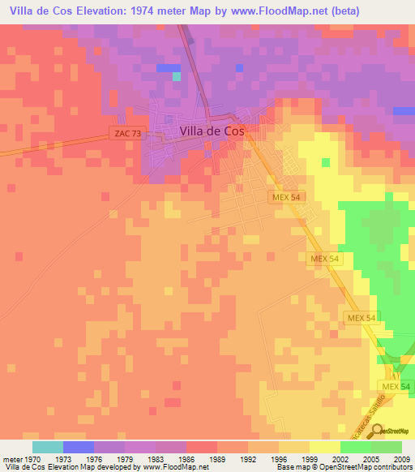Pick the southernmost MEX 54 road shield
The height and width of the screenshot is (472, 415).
click(396, 387)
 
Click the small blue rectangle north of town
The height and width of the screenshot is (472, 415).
click(169, 67)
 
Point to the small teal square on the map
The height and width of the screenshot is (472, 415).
click(177, 76)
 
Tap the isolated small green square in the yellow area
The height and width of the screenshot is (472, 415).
click(326, 162)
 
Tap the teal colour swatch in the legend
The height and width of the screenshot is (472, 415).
click(47, 447)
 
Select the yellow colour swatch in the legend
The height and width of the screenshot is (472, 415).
click(324, 447)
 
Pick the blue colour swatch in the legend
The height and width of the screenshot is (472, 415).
click(78, 447)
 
